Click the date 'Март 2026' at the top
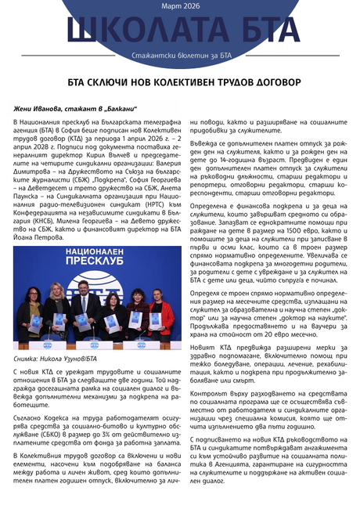pyautogui.click(x=180, y=7)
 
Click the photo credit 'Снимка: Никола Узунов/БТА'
pyautogui.click(x=55, y=357)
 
